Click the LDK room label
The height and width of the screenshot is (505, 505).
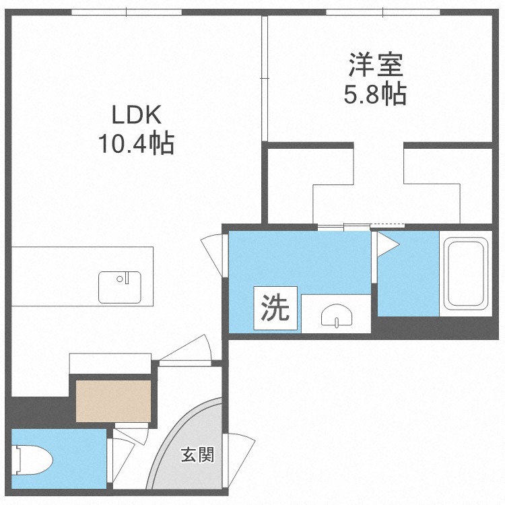tap(137, 115)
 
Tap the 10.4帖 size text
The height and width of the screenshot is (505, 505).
tap(137, 143)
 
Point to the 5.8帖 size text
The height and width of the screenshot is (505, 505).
tap(375, 94)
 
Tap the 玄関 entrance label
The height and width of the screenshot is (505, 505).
tap(197, 455)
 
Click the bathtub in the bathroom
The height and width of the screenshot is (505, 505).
tap(465, 273)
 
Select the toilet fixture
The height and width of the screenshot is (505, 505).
tap(34, 461)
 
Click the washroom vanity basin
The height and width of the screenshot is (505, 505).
tap(335, 315)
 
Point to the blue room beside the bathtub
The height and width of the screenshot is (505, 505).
tap(407, 276)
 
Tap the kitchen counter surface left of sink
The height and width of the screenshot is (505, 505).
tap(54, 276)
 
